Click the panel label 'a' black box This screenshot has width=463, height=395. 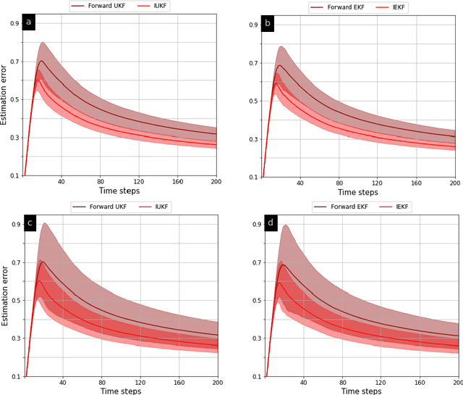click(29, 22)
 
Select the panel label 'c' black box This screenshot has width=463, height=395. click(29, 223)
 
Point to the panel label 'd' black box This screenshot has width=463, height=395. click(269, 223)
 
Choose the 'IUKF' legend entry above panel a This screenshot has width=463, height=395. click(164, 6)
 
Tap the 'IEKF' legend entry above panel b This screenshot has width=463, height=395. click(405, 7)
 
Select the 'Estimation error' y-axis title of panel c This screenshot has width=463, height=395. click(5, 296)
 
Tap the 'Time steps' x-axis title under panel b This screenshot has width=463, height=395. click(357, 192)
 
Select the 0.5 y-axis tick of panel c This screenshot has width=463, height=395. click(14, 300)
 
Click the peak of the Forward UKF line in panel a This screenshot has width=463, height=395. click(41, 61)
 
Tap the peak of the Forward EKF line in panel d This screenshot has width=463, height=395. click(283, 265)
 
